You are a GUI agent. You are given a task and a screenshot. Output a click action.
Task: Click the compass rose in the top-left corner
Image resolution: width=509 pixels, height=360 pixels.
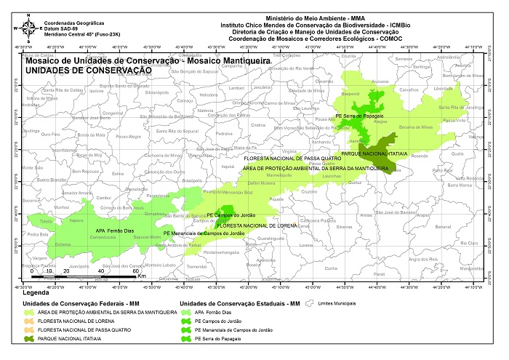(28, 28)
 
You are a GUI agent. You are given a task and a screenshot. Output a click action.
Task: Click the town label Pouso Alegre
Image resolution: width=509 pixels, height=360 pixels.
(129, 136)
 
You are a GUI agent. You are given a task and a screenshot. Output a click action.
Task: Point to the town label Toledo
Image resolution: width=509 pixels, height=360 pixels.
(47, 220)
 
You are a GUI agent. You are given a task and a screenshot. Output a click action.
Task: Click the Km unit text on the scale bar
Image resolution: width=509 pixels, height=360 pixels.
(142, 277)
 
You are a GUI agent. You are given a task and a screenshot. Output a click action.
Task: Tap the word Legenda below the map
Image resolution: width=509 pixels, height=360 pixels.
(38, 293)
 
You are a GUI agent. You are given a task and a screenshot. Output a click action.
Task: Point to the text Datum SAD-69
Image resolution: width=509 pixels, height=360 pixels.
(61, 28)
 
